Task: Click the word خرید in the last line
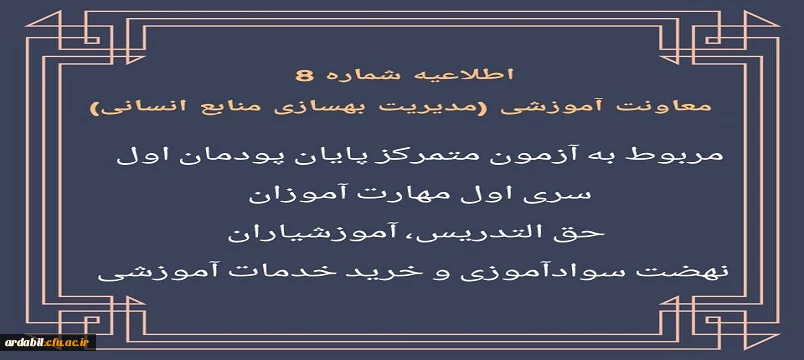pos(380,272)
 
